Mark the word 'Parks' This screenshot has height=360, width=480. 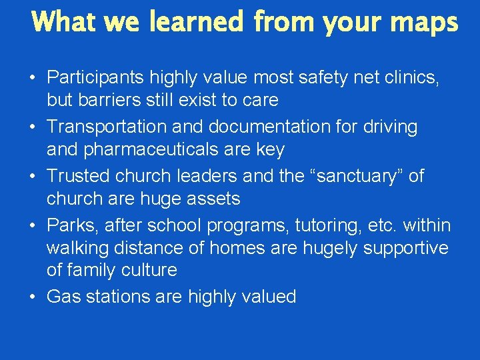pos(69,225)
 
